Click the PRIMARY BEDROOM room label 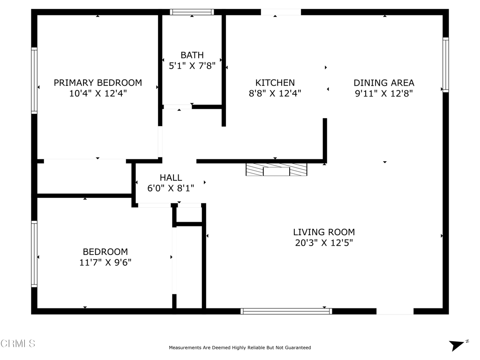[97, 82]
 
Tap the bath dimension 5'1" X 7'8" [192, 66]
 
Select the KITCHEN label [275, 82]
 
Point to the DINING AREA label [384, 82]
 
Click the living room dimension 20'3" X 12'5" [324, 243]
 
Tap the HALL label [171, 178]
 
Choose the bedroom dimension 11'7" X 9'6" [105, 262]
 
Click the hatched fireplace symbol [277, 170]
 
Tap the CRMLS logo [18, 343]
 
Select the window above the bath [192, 12]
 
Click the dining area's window [446, 65]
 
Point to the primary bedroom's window [34, 81]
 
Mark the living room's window [286, 311]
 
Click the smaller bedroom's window [34, 254]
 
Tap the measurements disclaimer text [240, 347]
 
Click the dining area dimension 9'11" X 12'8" [384, 93]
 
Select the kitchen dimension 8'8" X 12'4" [275, 93]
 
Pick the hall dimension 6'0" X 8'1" [171, 188]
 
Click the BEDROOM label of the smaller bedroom [105, 252]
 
